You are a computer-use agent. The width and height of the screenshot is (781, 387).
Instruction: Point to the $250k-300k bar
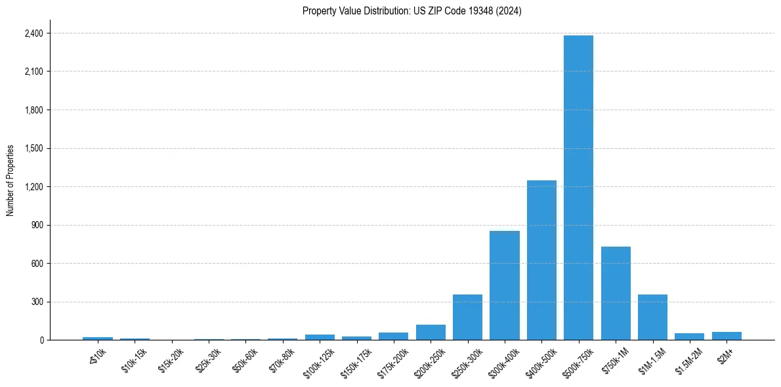click(x=467, y=317)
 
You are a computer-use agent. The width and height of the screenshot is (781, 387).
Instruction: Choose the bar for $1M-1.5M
click(x=652, y=317)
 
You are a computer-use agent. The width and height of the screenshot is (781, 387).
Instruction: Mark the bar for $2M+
click(x=727, y=336)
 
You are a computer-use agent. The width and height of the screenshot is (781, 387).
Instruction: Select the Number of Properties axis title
click(x=11, y=180)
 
